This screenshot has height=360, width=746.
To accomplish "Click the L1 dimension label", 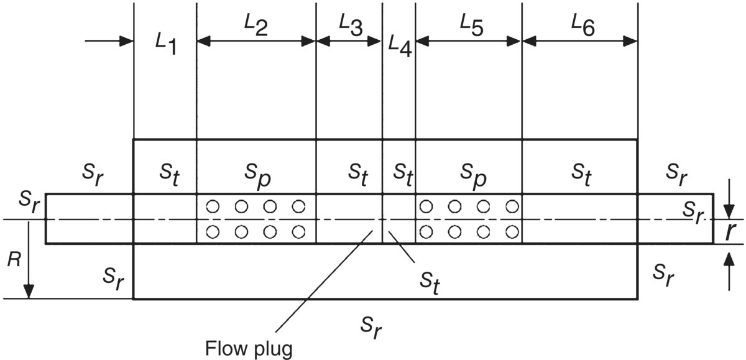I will tap(165, 44).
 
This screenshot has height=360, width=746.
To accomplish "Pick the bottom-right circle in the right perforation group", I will tap(512, 232).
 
